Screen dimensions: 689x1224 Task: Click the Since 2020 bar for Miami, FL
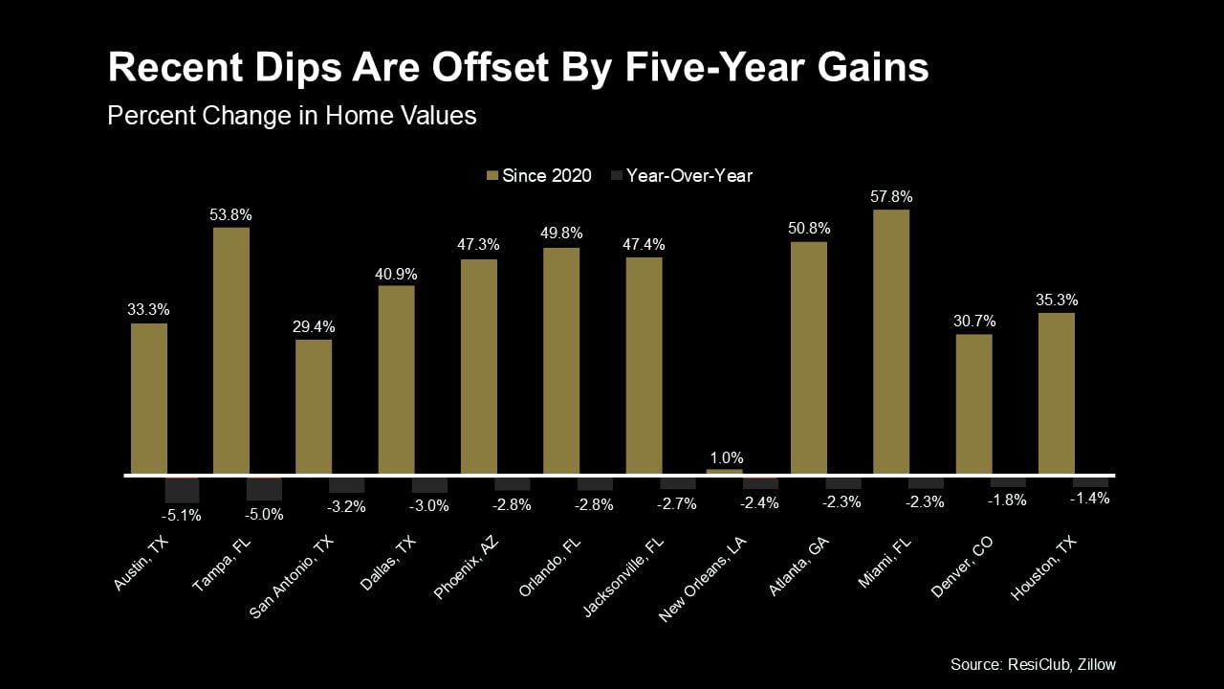click(891, 342)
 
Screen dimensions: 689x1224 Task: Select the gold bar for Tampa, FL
click(231, 350)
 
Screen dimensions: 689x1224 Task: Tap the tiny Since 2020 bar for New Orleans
click(725, 472)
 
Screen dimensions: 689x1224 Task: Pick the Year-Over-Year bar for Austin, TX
click(182, 489)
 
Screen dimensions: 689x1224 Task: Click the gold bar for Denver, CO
click(973, 404)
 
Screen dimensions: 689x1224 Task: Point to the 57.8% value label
click(891, 197)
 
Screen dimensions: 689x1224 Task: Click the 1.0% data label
click(725, 457)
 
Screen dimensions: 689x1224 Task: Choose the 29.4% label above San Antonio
click(314, 327)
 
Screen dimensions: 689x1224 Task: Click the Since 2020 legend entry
click(539, 175)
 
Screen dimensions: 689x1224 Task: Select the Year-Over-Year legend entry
click(681, 175)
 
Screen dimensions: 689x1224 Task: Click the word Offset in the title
click(503, 68)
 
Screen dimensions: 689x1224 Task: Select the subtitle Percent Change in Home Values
click(292, 115)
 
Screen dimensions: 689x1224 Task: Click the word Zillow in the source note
click(1092, 664)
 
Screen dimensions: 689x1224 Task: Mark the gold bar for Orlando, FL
click(561, 361)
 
